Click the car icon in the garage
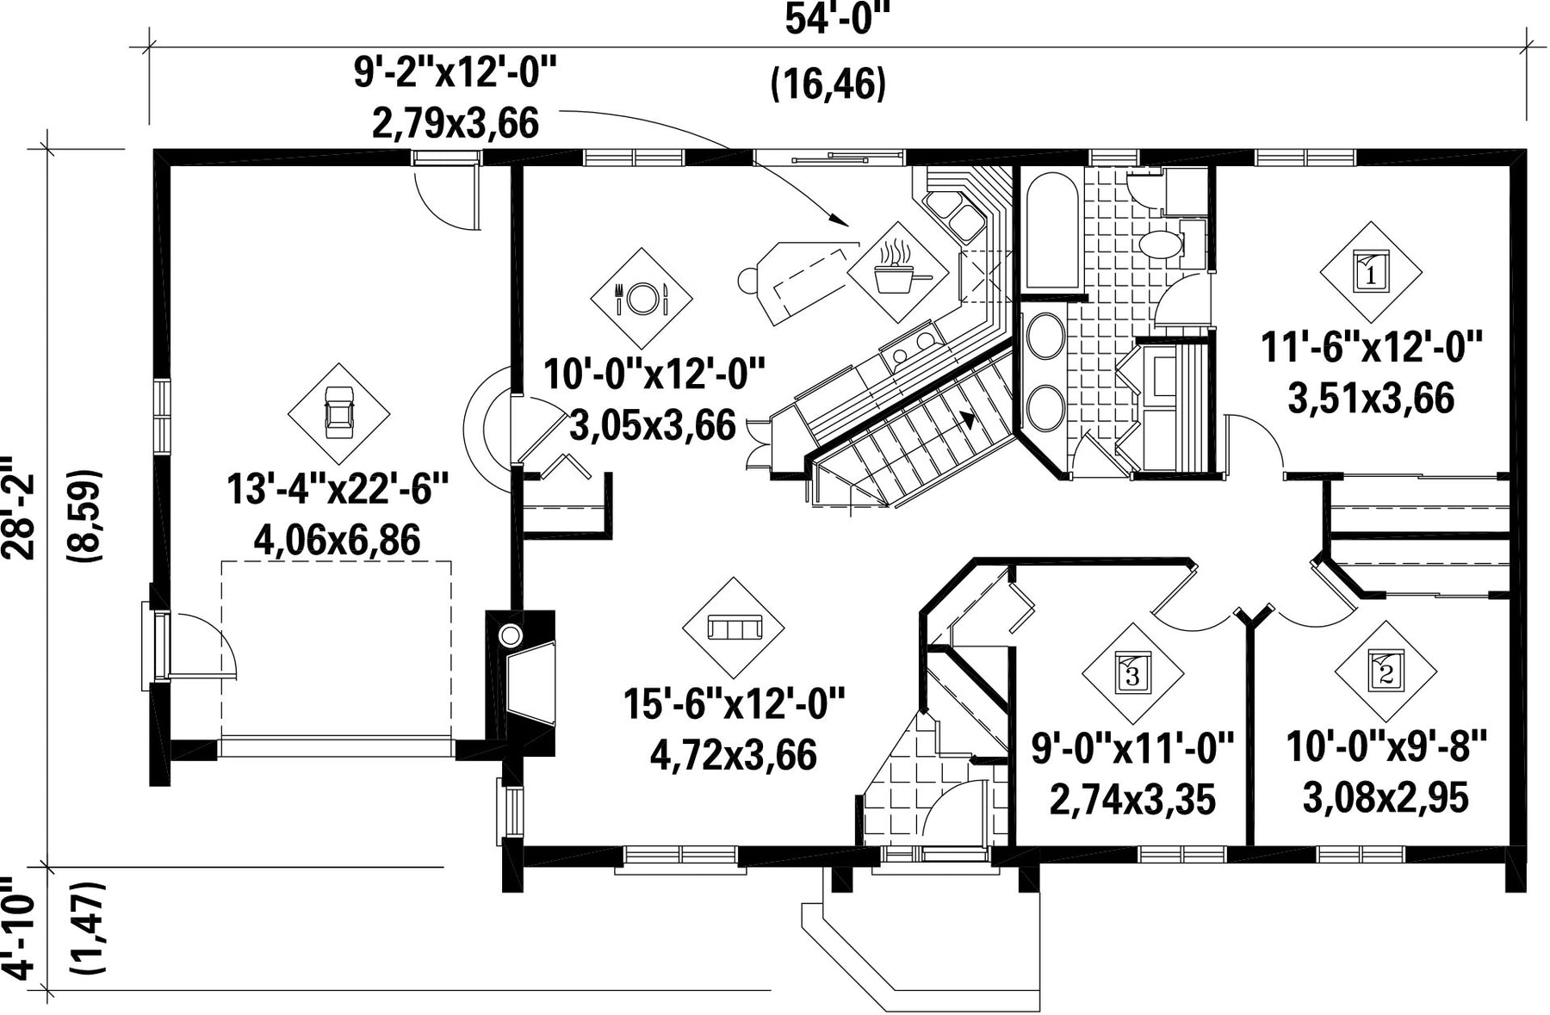click(x=338, y=414)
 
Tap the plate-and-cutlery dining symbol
click(x=642, y=299)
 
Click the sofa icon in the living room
click(x=734, y=628)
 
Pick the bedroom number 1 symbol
click(x=1372, y=273)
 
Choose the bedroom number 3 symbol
click(x=1132, y=673)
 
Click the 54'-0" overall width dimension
click(x=836, y=19)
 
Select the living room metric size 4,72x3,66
click(x=733, y=754)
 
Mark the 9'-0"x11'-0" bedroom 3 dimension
click(x=1133, y=749)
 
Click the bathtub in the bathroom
click(x=1051, y=232)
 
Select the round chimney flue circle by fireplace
click(x=511, y=635)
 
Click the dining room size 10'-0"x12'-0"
click(x=654, y=376)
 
